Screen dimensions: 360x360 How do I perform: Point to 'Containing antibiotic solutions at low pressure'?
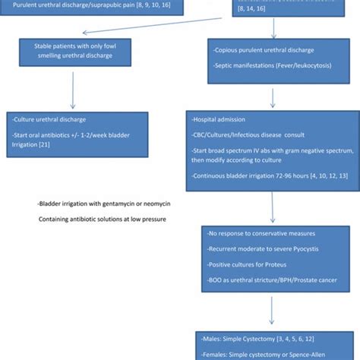(x=103, y=219)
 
